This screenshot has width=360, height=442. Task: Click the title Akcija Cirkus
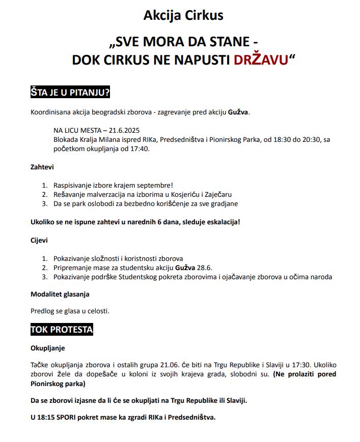(x=183, y=15)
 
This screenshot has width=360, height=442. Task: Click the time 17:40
(x=140, y=149)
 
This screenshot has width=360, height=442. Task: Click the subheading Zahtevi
(x=42, y=167)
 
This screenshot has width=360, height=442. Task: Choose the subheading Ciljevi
(x=39, y=240)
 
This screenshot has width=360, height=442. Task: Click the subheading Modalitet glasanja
(x=60, y=294)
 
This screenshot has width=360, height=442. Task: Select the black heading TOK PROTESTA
(x=62, y=330)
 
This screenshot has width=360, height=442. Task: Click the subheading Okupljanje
(x=48, y=348)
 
